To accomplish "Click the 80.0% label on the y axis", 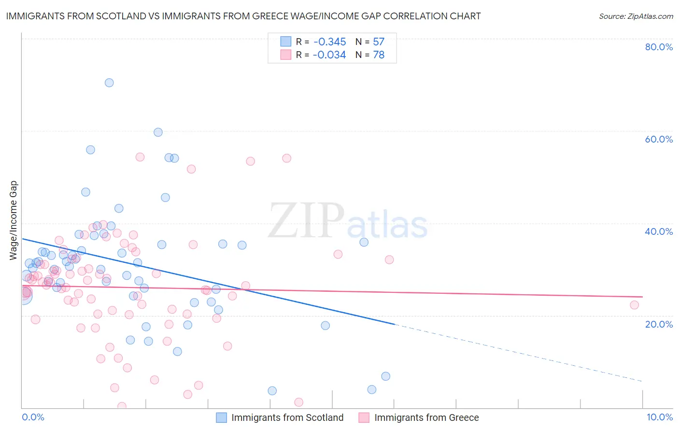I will coord(659,47).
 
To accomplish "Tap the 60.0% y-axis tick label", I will coord(659,139).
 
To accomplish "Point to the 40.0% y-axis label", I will coord(659,231).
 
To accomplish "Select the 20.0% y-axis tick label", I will coord(659,324).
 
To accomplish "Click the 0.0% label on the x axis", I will coord(33,417).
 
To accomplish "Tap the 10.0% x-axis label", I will coord(659,417).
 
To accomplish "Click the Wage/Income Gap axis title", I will coord(14,220).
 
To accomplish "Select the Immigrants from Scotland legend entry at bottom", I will coord(287,417).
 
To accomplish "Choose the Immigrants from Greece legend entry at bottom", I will coord(426,417).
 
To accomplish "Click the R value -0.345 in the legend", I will coord(329,42).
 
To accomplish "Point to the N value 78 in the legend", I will coord(379,55).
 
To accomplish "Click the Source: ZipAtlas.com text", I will coord(636,16).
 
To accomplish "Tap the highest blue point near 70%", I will coord(109,83).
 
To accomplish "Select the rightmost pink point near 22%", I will coord(634,305).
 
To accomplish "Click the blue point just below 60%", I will coord(158,132).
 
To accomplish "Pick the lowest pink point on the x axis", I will coord(122,406).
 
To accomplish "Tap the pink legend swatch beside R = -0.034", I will coord(286,55).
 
